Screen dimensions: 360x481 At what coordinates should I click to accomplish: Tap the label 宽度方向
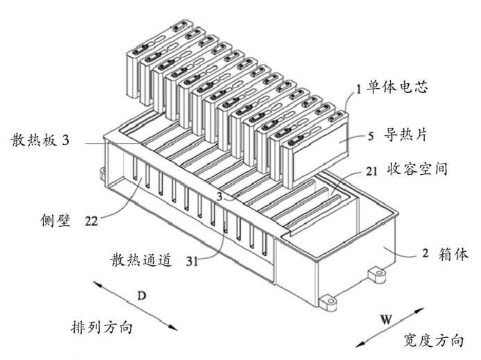434,341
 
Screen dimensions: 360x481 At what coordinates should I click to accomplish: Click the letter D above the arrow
142,296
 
